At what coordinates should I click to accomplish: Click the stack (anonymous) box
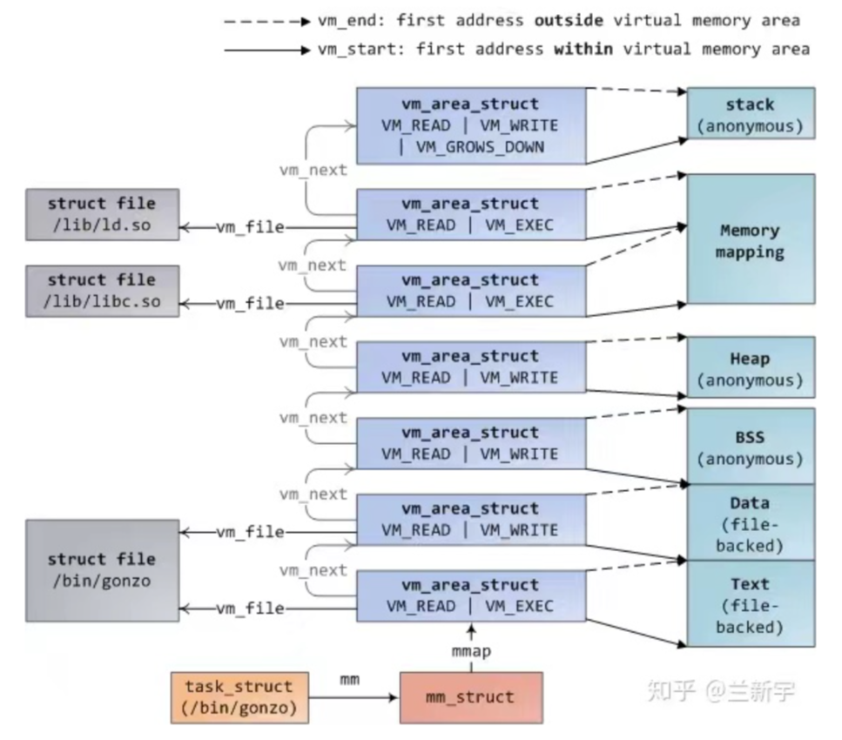pos(750,115)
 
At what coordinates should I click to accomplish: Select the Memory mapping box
pos(750,241)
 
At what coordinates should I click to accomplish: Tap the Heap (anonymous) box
pos(750,368)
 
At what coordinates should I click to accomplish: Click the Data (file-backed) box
pos(750,523)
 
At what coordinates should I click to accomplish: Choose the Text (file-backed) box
pos(750,603)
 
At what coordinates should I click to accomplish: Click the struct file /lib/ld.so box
pos(102,214)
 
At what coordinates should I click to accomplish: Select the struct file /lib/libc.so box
pos(102,291)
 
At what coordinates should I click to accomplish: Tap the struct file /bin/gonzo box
pos(102,569)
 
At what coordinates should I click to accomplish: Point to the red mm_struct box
pos(471,696)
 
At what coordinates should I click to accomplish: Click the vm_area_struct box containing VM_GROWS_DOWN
pos(471,125)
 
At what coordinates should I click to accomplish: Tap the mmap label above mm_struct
pos(471,650)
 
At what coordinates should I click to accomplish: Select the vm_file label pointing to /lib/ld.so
pos(250,227)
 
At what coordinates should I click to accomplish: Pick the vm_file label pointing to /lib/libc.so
pos(250,304)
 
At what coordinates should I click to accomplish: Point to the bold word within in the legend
pos(583,50)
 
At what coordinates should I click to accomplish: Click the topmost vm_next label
pos(313,170)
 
